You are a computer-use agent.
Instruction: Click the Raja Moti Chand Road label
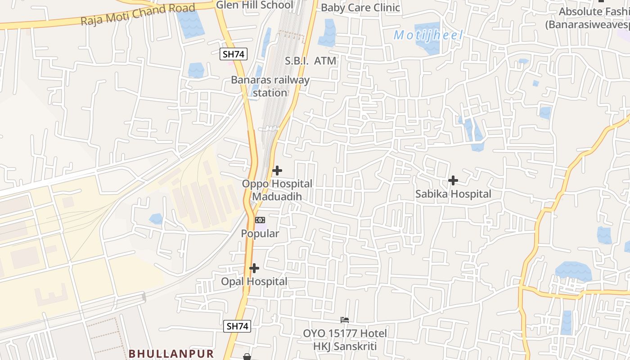tap(138, 14)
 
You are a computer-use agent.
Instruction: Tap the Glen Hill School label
tap(254, 5)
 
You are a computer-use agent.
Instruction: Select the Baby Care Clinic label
tap(360, 8)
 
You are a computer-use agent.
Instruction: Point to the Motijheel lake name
tap(428, 35)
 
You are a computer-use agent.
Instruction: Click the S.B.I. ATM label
tap(310, 61)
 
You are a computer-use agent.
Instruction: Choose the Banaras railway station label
tap(270, 86)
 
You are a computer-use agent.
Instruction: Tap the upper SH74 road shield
tap(234, 54)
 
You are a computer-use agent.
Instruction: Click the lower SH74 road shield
tap(237, 326)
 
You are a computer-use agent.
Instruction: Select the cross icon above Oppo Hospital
tap(277, 171)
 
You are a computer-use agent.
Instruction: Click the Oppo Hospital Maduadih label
tap(277, 190)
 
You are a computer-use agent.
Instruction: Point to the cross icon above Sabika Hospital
tap(453, 180)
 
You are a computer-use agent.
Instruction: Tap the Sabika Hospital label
tap(453, 194)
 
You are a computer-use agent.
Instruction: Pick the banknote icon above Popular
tap(260, 220)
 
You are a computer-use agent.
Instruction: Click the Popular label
tap(260, 234)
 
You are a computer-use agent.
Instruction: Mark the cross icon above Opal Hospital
tap(254, 268)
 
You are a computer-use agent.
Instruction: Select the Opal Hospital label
tap(254, 282)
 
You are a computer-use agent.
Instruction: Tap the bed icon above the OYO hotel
tap(345, 320)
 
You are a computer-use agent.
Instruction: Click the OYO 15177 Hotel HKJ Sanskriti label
tap(345, 340)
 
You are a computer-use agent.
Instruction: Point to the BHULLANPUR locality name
tap(171, 353)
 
